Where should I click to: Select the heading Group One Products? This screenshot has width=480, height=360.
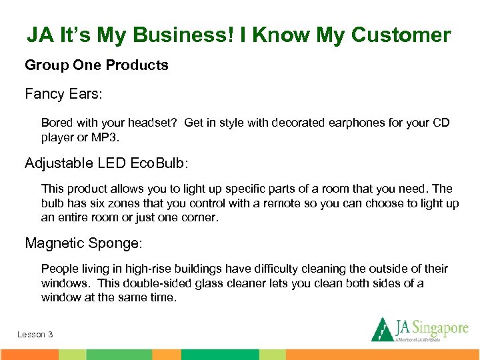(x=97, y=65)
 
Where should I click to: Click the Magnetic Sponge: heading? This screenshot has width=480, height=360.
(x=83, y=243)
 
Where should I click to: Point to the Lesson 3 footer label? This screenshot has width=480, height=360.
(x=35, y=334)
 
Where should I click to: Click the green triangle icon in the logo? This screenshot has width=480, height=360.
(x=383, y=329)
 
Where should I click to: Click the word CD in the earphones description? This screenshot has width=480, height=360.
(x=441, y=123)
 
